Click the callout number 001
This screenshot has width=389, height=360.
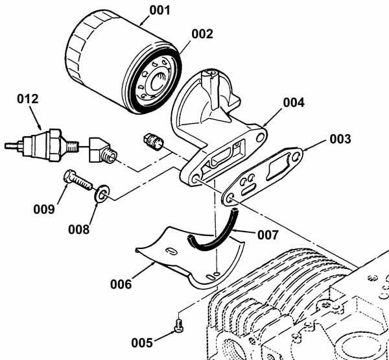[159, 10]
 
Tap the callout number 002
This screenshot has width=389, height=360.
[202, 34]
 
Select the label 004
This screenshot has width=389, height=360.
[294, 102]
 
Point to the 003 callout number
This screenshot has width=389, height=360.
[340, 139]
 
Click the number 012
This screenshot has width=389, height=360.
[28, 99]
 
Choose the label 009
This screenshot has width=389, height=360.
[44, 210]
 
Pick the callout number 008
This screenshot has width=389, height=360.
[79, 230]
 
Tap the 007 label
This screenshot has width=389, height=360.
[268, 235]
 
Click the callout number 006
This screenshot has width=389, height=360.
[121, 284]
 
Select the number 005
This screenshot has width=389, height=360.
[142, 343]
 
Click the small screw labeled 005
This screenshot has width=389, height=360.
[178, 326]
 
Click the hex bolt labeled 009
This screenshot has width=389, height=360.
[78, 180]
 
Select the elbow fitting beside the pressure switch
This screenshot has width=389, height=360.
[102, 150]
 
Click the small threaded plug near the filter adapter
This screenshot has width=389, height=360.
[154, 142]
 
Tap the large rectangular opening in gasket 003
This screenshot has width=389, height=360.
[278, 167]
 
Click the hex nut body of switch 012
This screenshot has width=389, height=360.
[55, 145]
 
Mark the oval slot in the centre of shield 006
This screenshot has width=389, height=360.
[172, 251]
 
